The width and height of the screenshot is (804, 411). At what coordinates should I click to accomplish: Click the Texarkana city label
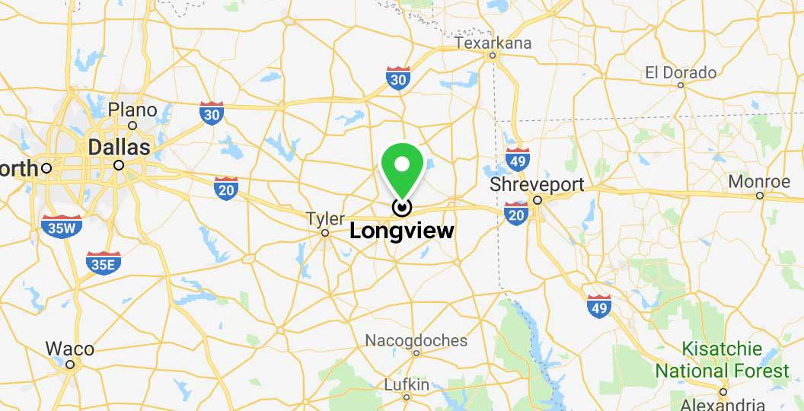[493, 43]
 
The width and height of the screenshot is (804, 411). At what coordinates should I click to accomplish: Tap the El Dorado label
[680, 73]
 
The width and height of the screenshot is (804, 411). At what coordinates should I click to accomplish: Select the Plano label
[132, 110]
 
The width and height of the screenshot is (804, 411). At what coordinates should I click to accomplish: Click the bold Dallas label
[120, 147]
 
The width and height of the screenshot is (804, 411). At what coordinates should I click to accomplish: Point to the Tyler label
[325, 219]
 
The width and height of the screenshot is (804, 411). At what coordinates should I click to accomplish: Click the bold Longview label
[401, 231]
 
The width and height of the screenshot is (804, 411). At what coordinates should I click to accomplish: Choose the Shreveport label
[537, 185]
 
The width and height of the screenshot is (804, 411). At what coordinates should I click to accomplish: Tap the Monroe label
[759, 182]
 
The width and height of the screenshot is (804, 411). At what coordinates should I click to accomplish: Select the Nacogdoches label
[416, 339]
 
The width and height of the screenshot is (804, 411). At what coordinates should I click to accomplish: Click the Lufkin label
[407, 384]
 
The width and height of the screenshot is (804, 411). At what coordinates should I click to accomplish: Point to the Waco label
[70, 349]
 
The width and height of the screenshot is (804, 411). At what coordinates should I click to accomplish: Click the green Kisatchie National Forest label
[722, 360]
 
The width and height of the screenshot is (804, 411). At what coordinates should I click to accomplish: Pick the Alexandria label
[723, 404]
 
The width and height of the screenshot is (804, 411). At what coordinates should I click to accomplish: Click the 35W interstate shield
[62, 225]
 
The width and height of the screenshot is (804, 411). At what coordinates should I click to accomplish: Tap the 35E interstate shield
[104, 263]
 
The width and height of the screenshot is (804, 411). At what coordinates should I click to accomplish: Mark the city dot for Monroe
[760, 196]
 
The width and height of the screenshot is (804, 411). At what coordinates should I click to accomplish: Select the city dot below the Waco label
[70, 365]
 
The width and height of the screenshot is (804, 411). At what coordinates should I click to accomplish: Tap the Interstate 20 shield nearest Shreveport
[516, 214]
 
